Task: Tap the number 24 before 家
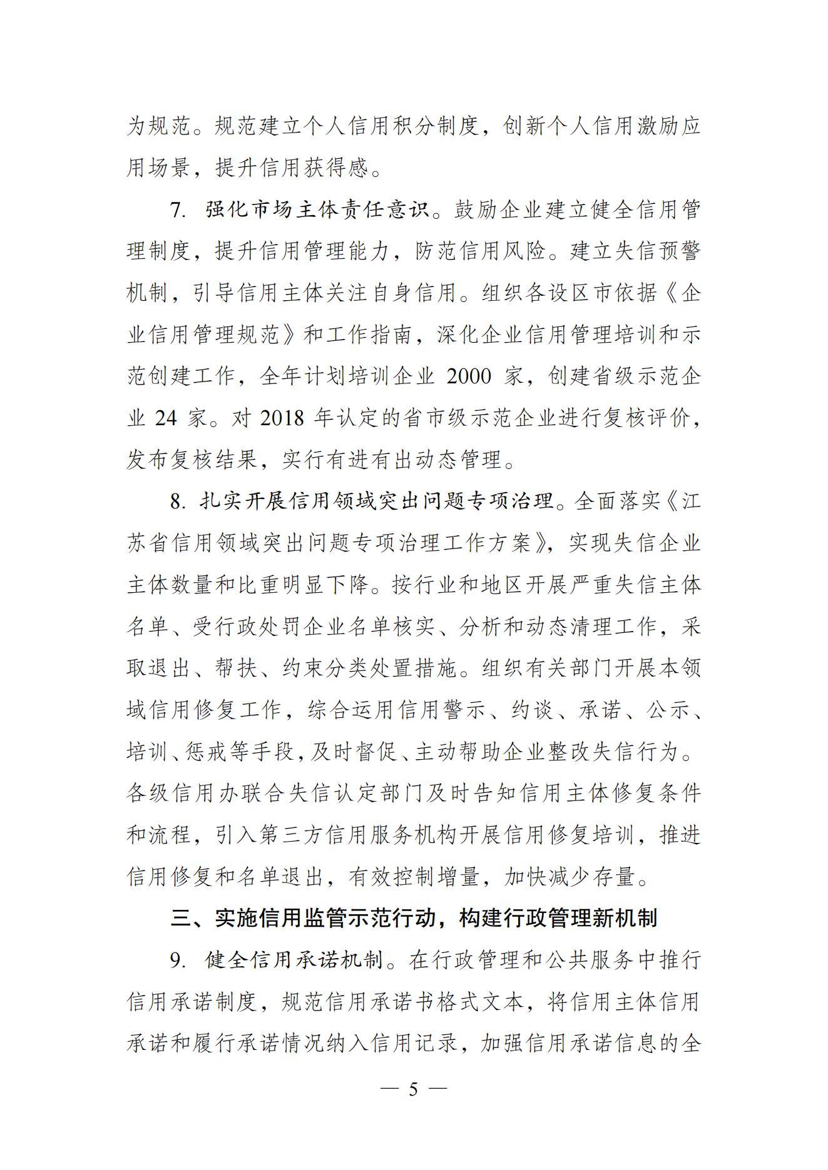pos(165,418)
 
